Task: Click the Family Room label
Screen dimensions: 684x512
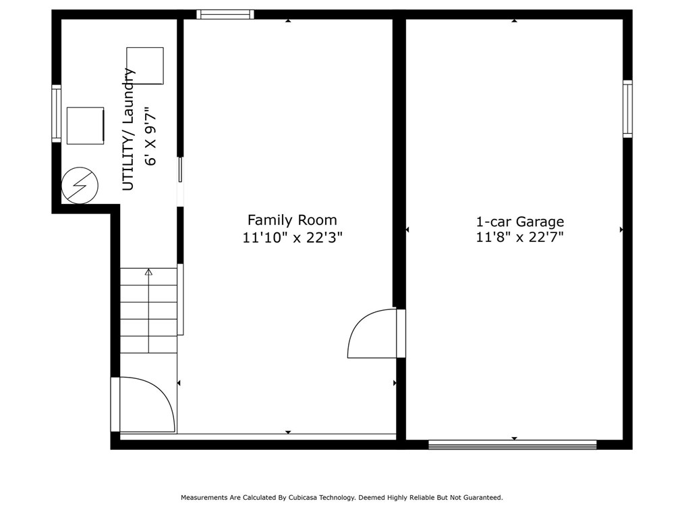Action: (292, 220)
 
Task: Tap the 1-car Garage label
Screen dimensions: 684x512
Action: (519, 222)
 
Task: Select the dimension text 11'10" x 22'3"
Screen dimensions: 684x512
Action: (292, 238)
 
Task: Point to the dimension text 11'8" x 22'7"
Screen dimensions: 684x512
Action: (519, 237)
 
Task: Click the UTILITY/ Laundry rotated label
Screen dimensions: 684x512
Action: (127, 130)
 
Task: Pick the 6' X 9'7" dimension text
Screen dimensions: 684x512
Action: (150, 136)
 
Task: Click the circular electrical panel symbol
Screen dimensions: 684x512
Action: (80, 185)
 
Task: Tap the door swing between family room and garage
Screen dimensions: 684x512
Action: (372, 334)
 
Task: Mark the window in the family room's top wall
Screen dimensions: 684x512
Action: (225, 14)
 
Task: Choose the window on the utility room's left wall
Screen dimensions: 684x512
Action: (56, 113)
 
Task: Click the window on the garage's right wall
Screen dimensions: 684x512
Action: (627, 109)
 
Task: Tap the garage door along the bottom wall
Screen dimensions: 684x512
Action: (512, 444)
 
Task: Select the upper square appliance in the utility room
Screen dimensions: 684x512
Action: (145, 66)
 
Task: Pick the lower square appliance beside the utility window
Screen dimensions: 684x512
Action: (86, 126)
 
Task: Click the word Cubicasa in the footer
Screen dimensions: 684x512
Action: (303, 497)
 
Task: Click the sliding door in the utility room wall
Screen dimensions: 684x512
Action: (180, 170)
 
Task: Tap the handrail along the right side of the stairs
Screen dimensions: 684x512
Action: (180, 299)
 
